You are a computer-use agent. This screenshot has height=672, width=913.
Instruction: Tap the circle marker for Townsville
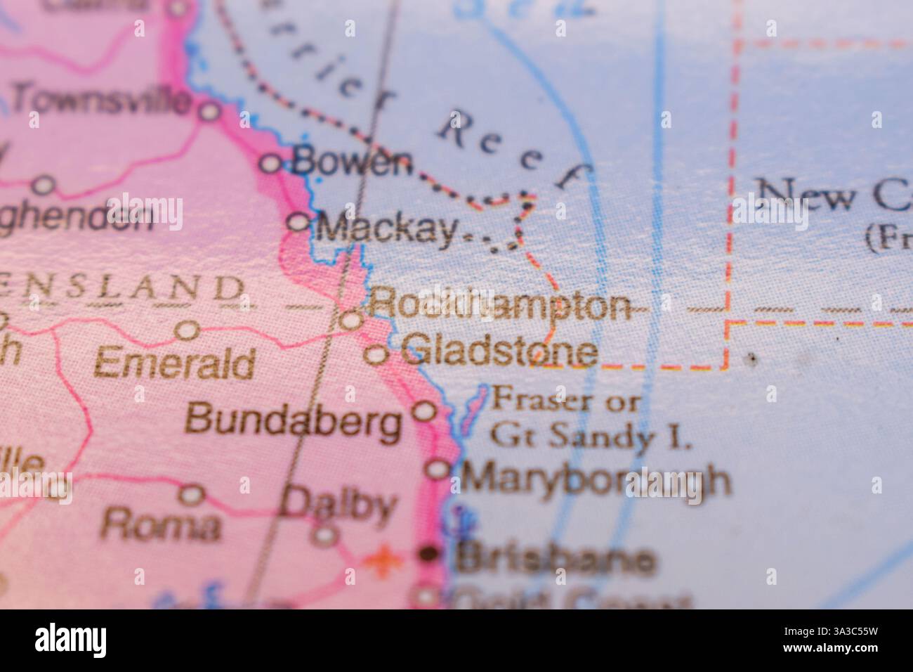(209, 111)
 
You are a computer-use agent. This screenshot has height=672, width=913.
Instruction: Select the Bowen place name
(352, 163)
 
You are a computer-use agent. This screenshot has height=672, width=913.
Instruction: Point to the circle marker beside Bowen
(271, 164)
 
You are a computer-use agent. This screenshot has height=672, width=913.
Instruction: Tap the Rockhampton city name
(499, 306)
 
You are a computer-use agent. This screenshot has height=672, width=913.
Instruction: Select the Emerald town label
(174, 363)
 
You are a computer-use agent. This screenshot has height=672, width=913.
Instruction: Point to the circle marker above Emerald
(188, 330)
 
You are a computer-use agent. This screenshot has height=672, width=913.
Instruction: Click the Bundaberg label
(293, 421)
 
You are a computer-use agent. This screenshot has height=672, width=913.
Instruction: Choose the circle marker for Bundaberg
(423, 411)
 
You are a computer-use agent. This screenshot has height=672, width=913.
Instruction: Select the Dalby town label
(338, 505)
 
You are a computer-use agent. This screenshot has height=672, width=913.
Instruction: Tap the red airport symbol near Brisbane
(381, 560)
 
